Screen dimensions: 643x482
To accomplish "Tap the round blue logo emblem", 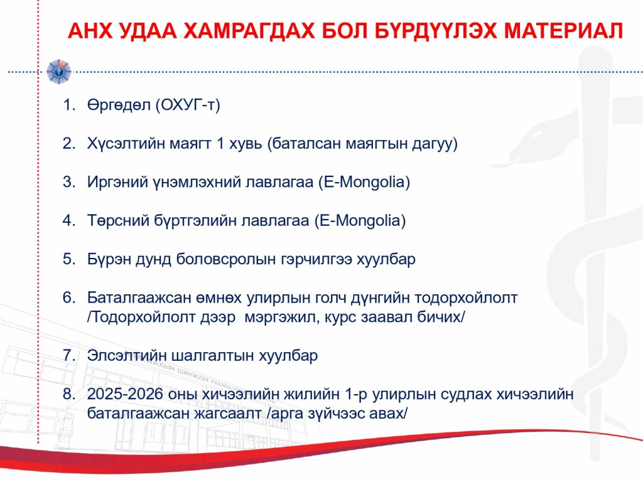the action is [x=58, y=72].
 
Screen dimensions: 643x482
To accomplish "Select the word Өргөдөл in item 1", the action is [x=119, y=105].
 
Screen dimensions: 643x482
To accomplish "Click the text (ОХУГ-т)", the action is [x=188, y=105].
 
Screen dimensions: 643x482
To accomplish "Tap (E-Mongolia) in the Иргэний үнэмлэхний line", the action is [x=364, y=182].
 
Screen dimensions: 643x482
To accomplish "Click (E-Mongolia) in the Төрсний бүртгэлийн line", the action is [x=360, y=220].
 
